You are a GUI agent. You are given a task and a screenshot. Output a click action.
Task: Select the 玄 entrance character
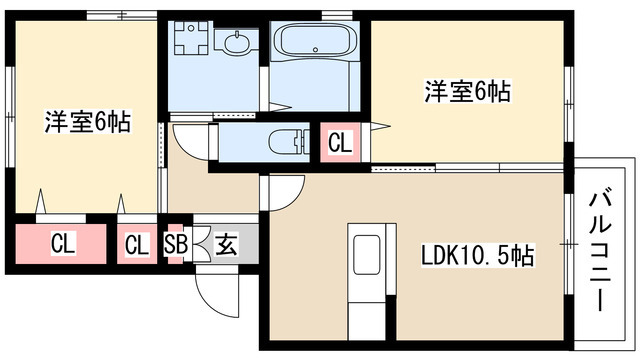226,243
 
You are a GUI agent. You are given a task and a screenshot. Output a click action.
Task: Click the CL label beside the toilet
340,142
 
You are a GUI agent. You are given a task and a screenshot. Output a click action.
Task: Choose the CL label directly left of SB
137,243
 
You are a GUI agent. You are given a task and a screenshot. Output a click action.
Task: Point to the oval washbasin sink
238,44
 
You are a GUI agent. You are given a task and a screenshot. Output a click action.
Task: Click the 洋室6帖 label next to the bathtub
468,92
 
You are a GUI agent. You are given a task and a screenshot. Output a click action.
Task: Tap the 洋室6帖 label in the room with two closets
87,123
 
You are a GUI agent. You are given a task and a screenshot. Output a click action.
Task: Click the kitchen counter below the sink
366,310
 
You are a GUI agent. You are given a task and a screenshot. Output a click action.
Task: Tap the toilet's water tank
304,141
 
